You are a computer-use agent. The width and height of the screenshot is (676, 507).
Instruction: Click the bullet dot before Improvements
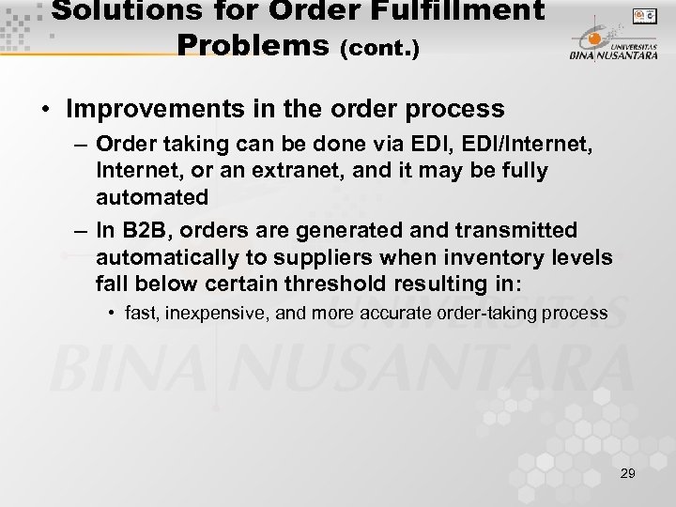coord(46,110)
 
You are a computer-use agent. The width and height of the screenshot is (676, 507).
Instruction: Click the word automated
coord(151,197)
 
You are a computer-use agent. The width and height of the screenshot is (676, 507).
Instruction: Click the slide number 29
coord(627,473)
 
